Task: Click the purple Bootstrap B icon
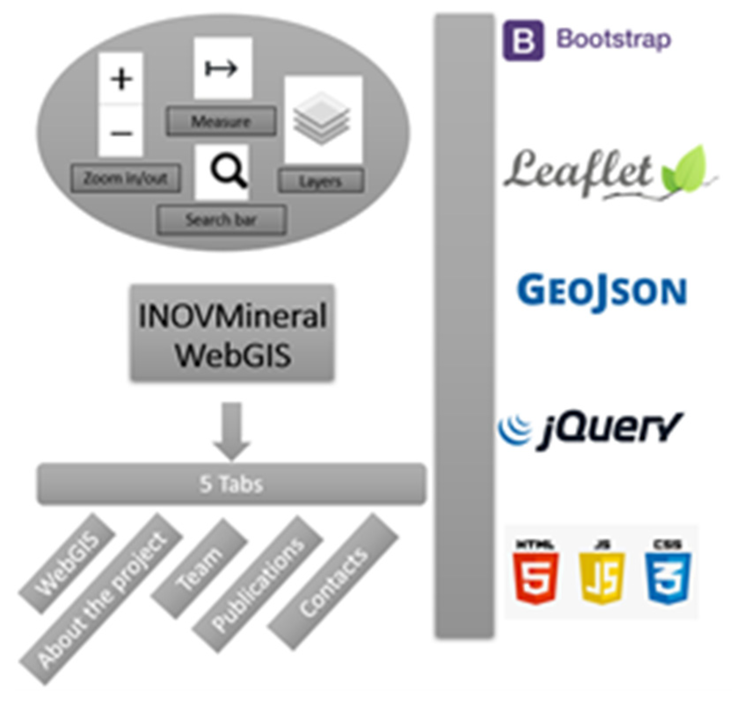click(523, 40)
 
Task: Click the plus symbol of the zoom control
click(121, 79)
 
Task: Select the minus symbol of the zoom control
click(121, 133)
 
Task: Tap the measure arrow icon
click(222, 69)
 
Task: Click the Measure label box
click(221, 121)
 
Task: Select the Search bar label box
click(221, 220)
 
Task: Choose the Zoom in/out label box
click(126, 178)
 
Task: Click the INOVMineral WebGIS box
click(232, 333)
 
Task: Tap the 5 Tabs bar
click(231, 484)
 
